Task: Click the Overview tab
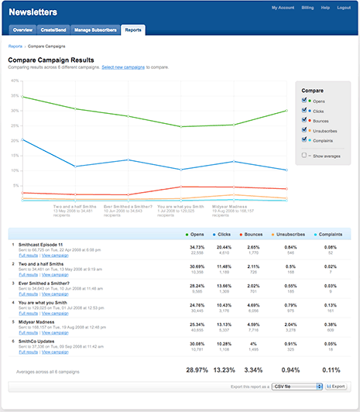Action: (22, 29)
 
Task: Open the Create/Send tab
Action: (53, 29)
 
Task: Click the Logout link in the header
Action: (344, 8)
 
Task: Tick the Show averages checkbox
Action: (305, 155)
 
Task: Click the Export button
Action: (335, 385)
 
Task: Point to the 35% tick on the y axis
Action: (15, 97)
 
